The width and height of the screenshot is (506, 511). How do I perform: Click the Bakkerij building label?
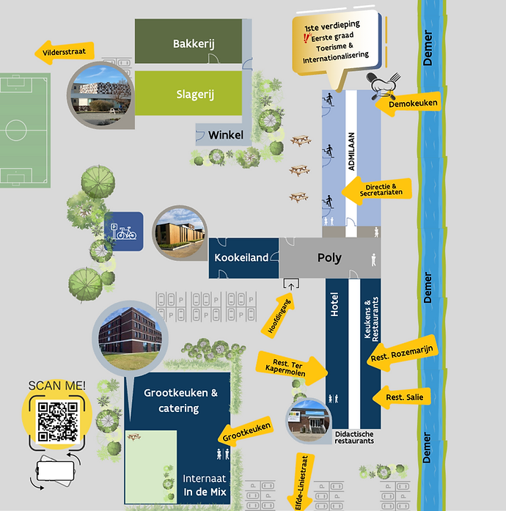coord(194,44)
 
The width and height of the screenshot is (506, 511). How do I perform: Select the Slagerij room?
coord(188,93)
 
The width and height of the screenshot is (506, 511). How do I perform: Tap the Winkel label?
coord(226,135)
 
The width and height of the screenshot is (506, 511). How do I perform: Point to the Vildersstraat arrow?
coord(65,52)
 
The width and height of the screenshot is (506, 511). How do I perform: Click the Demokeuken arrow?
coord(408,103)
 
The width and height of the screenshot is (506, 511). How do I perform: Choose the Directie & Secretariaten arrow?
coord(376,191)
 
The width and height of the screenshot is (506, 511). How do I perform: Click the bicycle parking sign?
coord(123,232)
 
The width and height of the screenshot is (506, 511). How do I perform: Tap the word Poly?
coord(329,258)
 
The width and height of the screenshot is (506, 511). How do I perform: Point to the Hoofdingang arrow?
coord(279,315)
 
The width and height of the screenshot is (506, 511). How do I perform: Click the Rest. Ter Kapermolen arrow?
coord(292,368)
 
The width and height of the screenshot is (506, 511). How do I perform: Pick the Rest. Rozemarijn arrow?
coord(402,353)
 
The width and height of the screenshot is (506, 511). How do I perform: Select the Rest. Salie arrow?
coord(402,397)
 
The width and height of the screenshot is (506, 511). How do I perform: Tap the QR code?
coord(58,422)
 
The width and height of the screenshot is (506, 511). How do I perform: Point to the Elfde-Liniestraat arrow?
coord(301,482)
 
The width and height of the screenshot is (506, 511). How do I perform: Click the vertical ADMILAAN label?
coord(351,151)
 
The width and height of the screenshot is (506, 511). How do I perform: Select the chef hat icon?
coord(383,86)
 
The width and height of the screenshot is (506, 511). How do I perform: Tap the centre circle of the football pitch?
coord(15,130)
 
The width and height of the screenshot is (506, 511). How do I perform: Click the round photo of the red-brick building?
coord(130,338)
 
